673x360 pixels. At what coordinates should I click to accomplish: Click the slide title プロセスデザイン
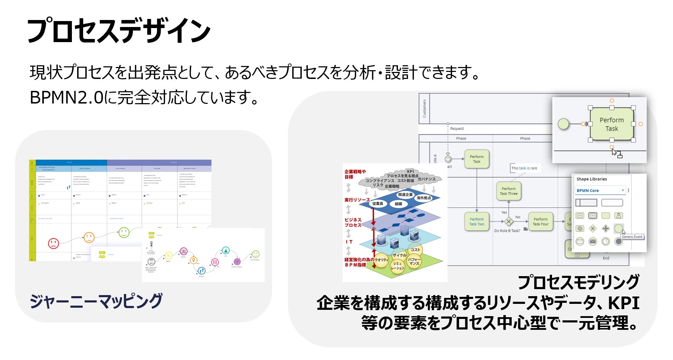click(x=119, y=31)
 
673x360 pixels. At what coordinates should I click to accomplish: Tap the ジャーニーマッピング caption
click(x=96, y=301)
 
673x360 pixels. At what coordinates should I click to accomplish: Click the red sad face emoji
click(x=53, y=243)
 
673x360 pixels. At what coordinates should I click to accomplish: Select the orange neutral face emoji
click(x=89, y=238)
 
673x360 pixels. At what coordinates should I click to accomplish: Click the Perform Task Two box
click(x=477, y=221)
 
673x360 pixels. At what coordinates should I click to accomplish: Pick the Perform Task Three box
click(x=509, y=191)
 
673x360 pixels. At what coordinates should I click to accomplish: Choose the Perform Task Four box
click(x=540, y=221)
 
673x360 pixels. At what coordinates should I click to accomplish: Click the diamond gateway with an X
click(x=509, y=221)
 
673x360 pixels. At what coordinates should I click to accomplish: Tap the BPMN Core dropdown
click(x=600, y=191)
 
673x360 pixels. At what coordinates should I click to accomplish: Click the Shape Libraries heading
click(x=592, y=179)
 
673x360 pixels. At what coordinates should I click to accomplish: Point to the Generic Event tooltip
click(x=632, y=237)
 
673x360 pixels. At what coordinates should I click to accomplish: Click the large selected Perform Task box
click(x=612, y=124)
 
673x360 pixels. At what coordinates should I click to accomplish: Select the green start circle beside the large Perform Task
click(x=563, y=124)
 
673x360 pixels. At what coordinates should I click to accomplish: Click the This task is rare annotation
click(x=524, y=168)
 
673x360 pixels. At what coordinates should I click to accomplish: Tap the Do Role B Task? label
click(x=507, y=231)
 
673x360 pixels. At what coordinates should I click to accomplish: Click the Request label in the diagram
click(x=457, y=129)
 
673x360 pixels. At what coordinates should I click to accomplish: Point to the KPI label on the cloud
click(x=410, y=172)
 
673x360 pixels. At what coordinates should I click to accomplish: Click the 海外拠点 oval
click(x=424, y=198)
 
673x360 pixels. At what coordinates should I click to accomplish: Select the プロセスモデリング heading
click(x=578, y=282)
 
